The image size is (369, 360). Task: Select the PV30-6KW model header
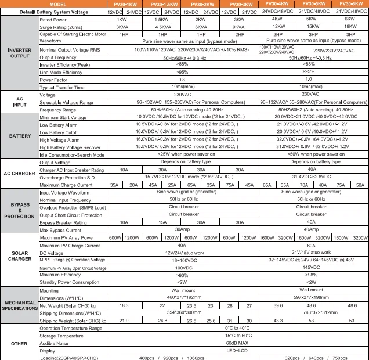[352, 4]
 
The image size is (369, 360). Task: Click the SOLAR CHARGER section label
[19, 256]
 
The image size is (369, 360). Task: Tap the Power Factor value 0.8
[182, 80]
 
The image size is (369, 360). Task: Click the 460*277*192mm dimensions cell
[182, 297]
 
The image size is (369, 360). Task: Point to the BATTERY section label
[19, 136]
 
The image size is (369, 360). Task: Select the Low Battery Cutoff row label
[59, 132]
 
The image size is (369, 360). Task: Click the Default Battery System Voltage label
[53, 12]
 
